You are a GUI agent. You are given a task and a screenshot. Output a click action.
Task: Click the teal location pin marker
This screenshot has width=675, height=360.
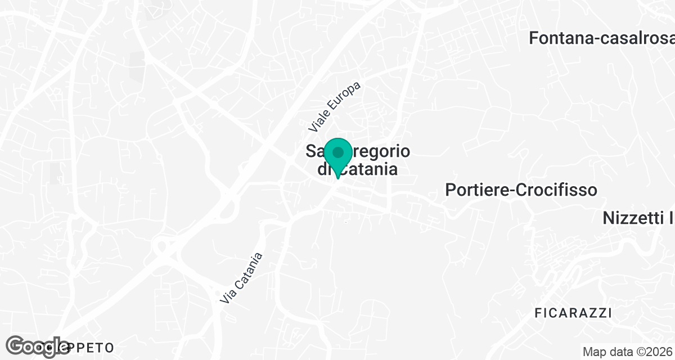click(x=337, y=157)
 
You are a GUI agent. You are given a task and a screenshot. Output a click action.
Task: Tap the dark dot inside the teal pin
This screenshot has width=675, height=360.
click(x=337, y=152)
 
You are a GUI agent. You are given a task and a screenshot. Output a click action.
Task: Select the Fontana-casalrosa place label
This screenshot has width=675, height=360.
click(x=601, y=38)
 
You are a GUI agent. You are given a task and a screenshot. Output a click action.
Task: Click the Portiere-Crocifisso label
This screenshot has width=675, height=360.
click(x=521, y=190)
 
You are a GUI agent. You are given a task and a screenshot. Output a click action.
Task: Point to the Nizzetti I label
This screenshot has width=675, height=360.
click(x=638, y=218)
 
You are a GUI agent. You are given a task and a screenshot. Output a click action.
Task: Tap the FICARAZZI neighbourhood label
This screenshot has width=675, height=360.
click(x=573, y=313)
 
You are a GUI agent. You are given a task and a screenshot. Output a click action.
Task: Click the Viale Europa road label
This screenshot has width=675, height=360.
click(x=334, y=108)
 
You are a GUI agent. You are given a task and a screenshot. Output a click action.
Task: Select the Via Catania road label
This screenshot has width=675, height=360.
click(x=241, y=279)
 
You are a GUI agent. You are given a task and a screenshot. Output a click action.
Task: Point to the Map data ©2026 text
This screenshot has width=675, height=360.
click(x=627, y=352)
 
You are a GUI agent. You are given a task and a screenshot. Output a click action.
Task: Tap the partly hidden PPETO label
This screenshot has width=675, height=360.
click(x=93, y=347)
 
